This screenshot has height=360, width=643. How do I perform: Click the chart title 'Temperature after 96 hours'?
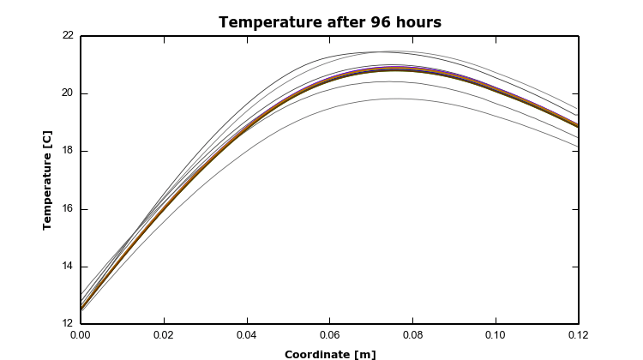329,22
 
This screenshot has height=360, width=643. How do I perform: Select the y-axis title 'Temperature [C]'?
48,180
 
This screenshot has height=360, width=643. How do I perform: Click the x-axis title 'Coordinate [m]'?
329,354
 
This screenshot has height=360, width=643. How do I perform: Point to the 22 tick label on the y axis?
67,36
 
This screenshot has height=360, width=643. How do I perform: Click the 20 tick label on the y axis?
67,93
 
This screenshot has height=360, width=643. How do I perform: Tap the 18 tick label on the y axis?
67,151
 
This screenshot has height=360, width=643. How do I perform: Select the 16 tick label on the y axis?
67,209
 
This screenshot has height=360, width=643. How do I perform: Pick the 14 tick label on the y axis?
67,267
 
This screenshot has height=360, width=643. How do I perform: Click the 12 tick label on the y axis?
67,324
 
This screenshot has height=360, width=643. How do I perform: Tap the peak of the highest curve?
382,51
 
